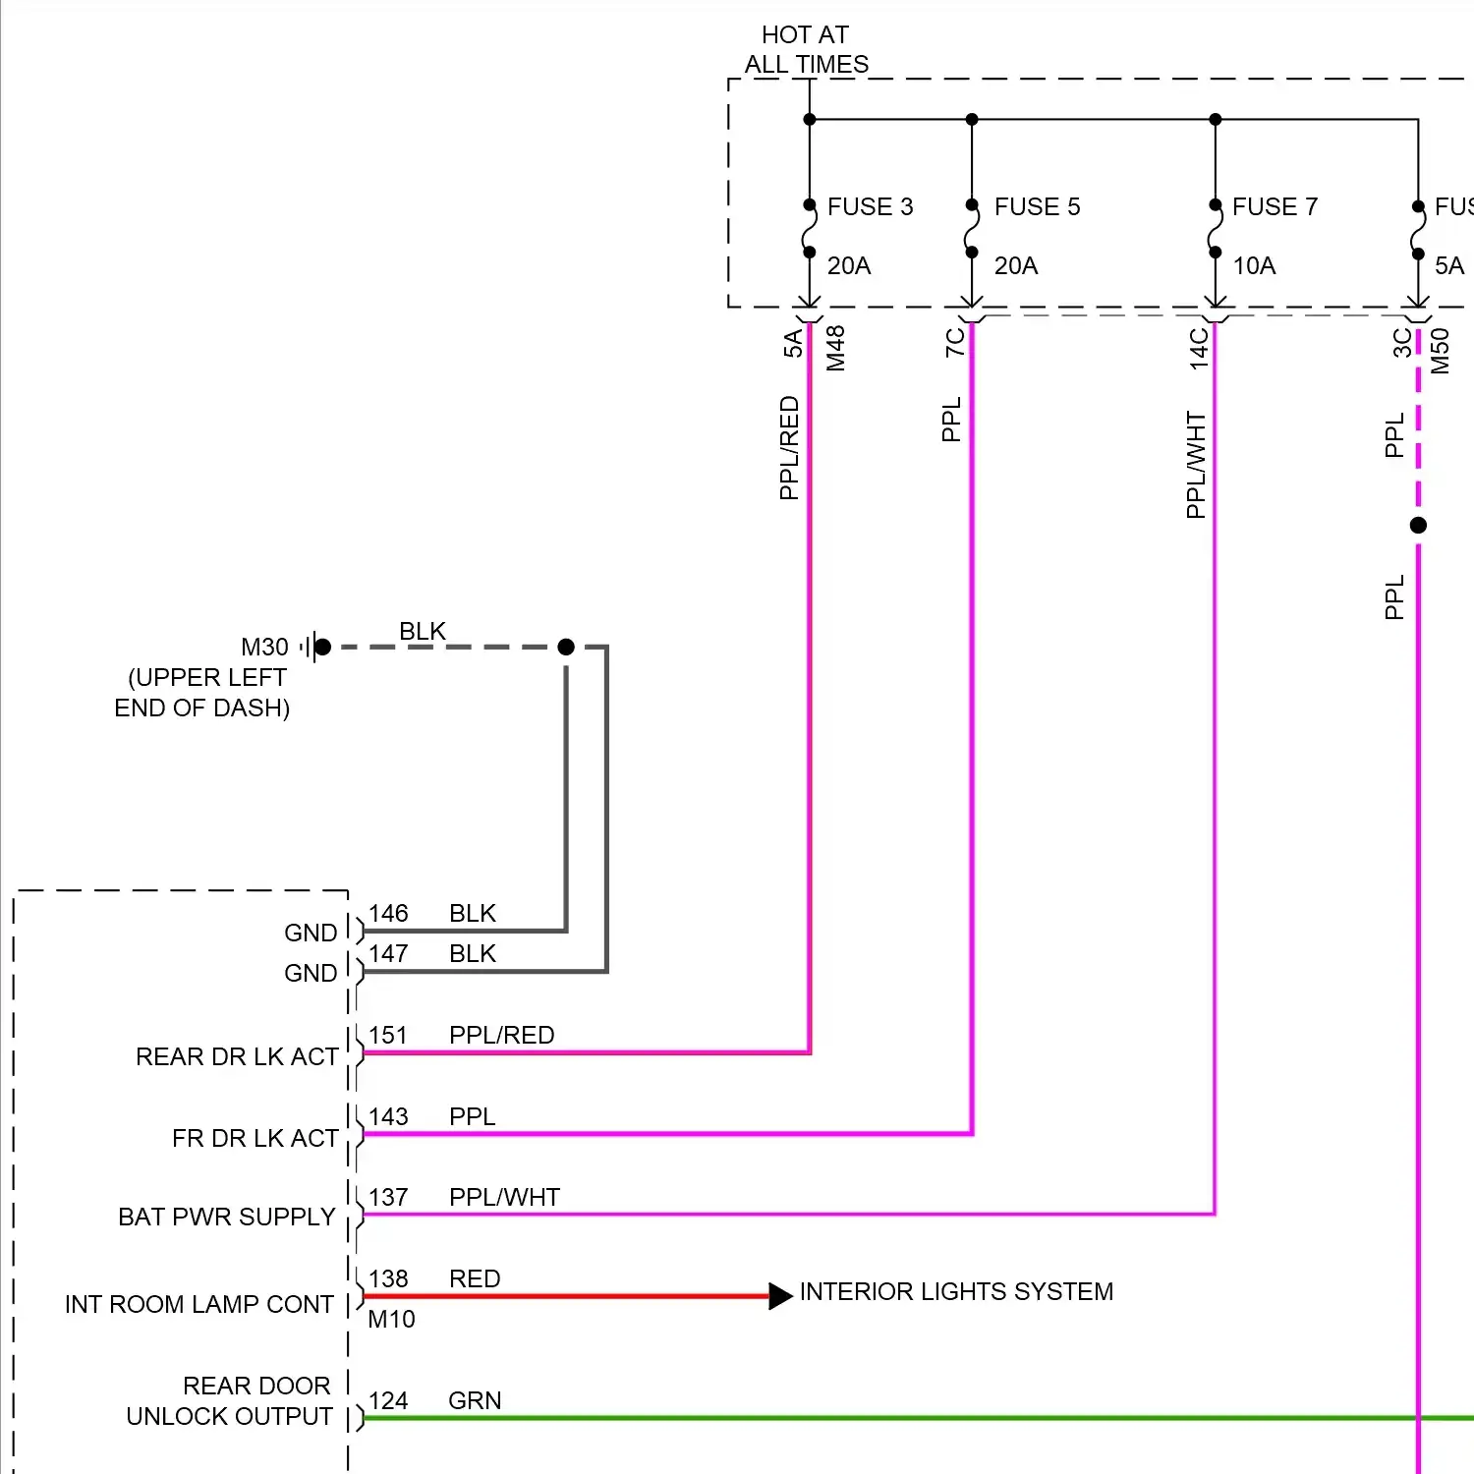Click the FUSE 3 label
coord(870,206)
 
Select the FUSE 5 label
coord(1037,206)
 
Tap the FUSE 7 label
coord(1275,206)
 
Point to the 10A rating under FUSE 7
coord(1254,265)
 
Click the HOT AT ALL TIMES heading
coord(807,50)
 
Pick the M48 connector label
coord(835,348)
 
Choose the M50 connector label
coord(1440,351)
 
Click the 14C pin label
coord(1199,348)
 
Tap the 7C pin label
coord(954,342)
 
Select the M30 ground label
coord(264,647)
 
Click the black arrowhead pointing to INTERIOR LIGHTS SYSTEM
coord(780,1296)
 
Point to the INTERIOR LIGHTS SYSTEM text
coord(956,1291)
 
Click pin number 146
coord(388,913)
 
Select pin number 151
coord(388,1035)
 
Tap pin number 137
coord(388,1197)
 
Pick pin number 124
coord(388,1400)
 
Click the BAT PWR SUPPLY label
coord(227,1217)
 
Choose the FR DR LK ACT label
coord(255,1138)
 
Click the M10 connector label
coord(391,1319)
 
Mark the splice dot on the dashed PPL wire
coord(1418,525)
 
